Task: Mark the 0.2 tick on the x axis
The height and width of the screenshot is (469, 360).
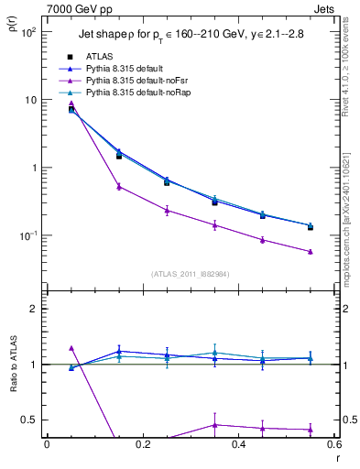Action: [142, 444]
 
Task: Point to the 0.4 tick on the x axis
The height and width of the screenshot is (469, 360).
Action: [238, 444]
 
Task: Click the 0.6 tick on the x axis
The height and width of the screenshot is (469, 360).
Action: [333, 444]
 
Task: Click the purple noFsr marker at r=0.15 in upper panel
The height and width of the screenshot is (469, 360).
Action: [119, 186]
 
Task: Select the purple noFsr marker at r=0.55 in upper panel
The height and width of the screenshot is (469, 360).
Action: [311, 251]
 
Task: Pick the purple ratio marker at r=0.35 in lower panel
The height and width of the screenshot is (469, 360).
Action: [214, 424]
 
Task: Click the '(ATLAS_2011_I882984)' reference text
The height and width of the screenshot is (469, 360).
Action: [190, 274]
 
